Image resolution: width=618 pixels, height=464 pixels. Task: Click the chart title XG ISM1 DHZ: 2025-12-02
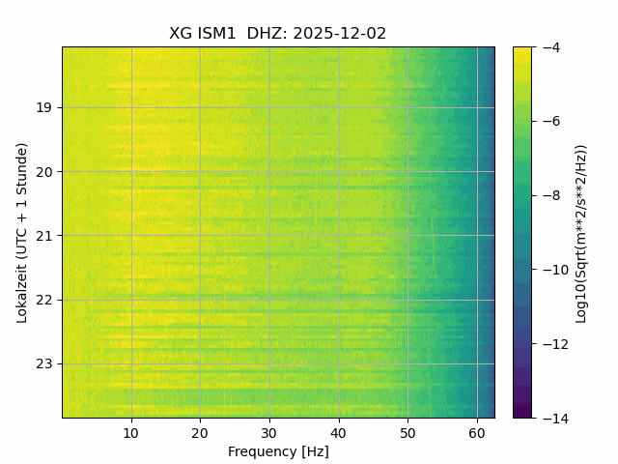pos(278,33)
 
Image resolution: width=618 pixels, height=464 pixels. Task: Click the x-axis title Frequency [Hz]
pos(278,451)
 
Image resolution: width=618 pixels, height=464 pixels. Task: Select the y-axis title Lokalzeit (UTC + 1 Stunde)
pos(22,232)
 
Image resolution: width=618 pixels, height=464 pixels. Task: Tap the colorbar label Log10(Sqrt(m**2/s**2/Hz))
pos(581,232)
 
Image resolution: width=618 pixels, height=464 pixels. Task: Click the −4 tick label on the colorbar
pos(550,47)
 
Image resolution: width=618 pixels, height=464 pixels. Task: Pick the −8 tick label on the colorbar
pos(550,195)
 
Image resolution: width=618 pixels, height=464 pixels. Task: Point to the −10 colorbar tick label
pos(553,270)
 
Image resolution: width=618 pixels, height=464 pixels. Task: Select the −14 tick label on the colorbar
pos(553,418)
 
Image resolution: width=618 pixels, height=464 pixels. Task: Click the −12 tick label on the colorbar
pos(553,344)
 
